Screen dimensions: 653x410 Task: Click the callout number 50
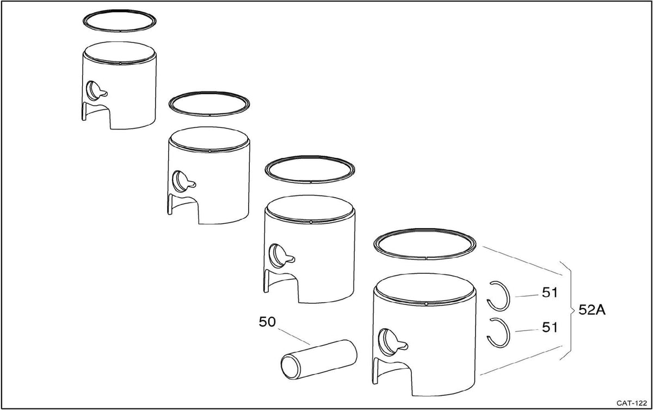[267, 322]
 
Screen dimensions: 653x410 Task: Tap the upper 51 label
[550, 292]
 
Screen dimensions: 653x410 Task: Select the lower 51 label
[550, 327]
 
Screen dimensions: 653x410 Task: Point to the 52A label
[592, 310]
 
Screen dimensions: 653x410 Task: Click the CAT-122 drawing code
[632, 403]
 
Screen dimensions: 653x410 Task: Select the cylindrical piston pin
[319, 359]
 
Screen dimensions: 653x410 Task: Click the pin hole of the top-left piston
[93, 91]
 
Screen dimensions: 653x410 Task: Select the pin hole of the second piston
[180, 181]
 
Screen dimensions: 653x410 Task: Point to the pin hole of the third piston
[276, 256]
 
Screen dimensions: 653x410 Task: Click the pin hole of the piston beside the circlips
[386, 342]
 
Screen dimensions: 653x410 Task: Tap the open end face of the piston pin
[291, 367]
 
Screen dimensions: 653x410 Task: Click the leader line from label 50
[294, 336]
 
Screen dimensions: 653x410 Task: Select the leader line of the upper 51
[527, 296]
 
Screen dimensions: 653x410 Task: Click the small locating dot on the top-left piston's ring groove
[120, 63]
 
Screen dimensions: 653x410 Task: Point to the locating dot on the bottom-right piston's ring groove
[426, 304]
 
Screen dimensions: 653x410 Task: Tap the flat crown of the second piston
[209, 139]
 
